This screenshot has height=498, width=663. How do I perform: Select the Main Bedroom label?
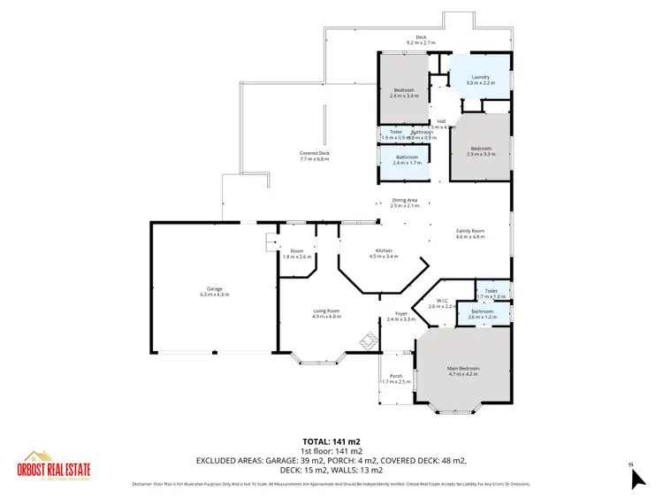[x=463, y=371]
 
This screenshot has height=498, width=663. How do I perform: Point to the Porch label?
[x=397, y=379]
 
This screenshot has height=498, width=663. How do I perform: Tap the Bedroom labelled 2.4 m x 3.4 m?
[x=403, y=93]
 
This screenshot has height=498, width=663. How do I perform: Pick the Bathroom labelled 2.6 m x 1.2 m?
[x=483, y=313]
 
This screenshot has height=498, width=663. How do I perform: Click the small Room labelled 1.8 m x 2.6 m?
[x=297, y=254]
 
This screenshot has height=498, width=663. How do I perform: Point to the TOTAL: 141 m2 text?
[x=331, y=441]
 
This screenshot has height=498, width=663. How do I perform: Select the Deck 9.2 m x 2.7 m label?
[x=422, y=39]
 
